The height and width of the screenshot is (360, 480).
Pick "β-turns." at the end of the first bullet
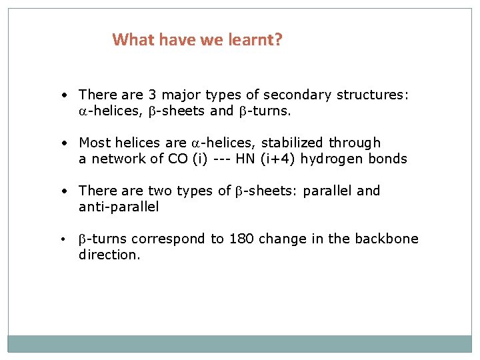pos(265,111)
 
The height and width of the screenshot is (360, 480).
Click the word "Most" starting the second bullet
pos(95,143)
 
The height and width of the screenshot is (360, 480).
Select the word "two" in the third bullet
pos(160,191)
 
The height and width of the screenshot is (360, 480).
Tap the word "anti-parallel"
pos(119,207)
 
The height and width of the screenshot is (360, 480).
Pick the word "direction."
pos(109,255)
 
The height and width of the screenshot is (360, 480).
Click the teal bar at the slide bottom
pos(239,343)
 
